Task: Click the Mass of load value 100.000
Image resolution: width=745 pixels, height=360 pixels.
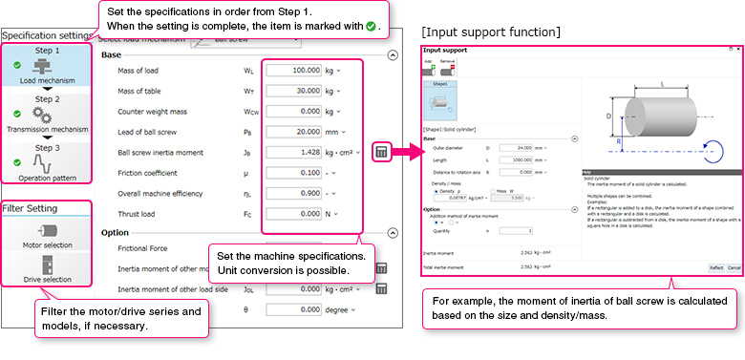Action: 295,71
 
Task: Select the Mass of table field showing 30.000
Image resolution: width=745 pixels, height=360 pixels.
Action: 295,91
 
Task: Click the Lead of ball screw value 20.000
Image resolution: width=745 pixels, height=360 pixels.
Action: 295,131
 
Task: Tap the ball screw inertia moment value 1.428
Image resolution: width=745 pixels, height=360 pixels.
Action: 295,152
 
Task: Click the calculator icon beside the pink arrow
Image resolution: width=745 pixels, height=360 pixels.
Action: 381,152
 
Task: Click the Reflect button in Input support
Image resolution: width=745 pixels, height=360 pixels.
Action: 714,267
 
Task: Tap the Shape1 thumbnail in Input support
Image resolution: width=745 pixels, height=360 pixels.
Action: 440,99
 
